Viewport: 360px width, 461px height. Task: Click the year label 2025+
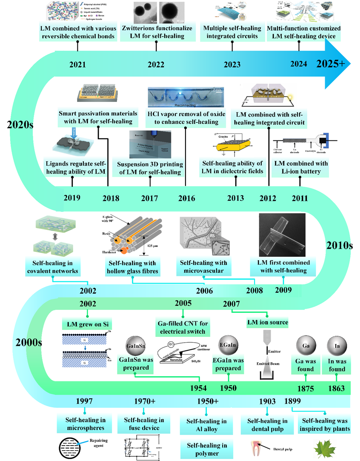[x=333, y=63]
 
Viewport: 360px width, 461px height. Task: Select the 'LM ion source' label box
[x=267, y=323]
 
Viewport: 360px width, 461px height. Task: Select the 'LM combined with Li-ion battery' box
[x=300, y=168]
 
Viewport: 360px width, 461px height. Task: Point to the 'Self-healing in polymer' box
[x=206, y=449]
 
